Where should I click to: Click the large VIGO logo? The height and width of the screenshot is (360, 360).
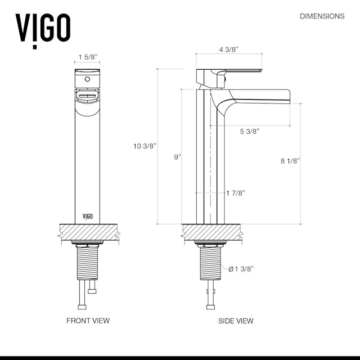pyautogui.click(x=43, y=30)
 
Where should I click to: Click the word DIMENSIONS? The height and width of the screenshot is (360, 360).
pyautogui.click(x=322, y=16)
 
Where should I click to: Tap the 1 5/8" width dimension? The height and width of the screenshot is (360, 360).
pyautogui.click(x=88, y=57)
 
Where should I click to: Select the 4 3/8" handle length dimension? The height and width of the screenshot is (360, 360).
pyautogui.click(x=229, y=49)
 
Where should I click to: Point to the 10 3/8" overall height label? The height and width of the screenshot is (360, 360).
pyautogui.click(x=145, y=146)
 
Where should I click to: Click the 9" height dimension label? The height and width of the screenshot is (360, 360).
pyautogui.click(x=178, y=157)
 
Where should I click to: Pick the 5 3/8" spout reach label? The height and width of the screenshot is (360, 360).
pyautogui.click(x=250, y=131)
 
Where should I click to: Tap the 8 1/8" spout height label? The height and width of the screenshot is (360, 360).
pyautogui.click(x=290, y=161)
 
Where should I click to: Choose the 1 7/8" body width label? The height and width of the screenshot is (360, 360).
pyautogui.click(x=236, y=193)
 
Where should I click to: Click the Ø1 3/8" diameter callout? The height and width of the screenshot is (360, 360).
pyautogui.click(x=241, y=269)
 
